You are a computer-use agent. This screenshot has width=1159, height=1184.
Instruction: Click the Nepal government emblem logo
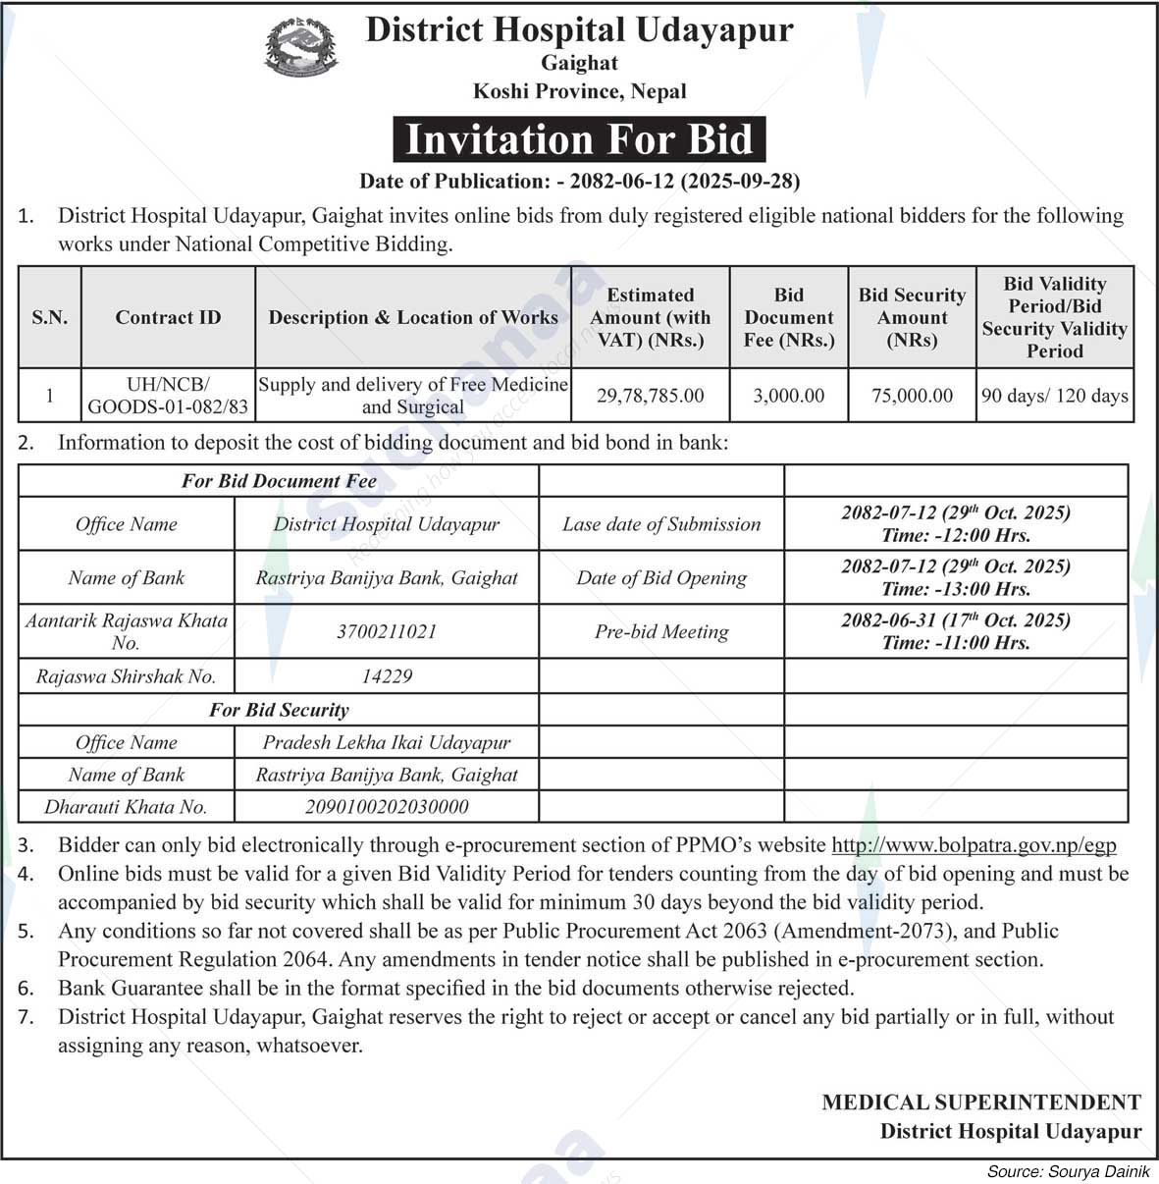(x=301, y=47)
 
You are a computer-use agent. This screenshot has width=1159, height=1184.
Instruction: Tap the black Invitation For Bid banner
(x=579, y=139)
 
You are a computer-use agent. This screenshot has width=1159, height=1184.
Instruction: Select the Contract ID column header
(x=168, y=317)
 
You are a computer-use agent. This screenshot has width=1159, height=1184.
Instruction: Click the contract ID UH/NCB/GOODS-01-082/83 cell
(x=168, y=396)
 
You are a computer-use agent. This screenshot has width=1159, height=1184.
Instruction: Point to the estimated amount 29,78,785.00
(x=650, y=396)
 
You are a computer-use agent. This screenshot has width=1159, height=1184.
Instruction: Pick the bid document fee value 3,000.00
(x=789, y=396)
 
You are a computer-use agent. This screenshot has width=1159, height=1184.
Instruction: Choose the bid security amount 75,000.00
(x=912, y=396)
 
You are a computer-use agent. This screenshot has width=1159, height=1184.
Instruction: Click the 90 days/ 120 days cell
(x=1055, y=396)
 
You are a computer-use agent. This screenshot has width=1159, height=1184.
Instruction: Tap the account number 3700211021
(x=387, y=631)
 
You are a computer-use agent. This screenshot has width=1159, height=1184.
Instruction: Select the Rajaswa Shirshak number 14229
(x=387, y=676)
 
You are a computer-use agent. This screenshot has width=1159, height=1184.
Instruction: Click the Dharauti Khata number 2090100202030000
(x=387, y=807)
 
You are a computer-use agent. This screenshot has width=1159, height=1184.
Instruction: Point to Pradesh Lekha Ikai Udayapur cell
(x=387, y=742)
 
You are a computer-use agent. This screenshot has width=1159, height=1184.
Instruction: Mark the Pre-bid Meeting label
(x=661, y=631)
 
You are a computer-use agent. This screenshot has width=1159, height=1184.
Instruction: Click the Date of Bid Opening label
(x=661, y=577)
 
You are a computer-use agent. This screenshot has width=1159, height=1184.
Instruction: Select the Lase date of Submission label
(x=661, y=524)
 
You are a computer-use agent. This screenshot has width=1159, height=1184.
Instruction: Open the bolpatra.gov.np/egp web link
(x=974, y=845)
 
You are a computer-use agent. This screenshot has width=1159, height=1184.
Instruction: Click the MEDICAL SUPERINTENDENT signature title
(x=981, y=1103)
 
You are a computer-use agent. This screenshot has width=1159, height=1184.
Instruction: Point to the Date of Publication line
(x=579, y=181)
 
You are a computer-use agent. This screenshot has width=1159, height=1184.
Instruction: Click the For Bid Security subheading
(x=279, y=710)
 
